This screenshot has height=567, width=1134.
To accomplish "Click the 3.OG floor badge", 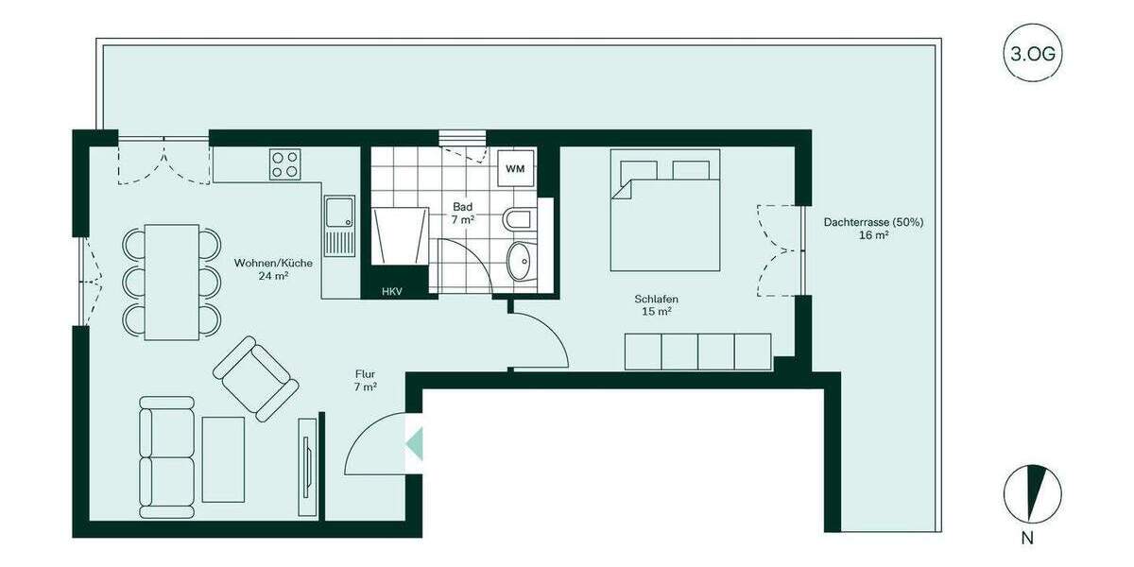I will pyautogui.click(x=1032, y=54).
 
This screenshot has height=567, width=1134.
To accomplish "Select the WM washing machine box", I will pyautogui.click(x=514, y=169).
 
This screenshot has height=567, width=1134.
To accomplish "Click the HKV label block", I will pyautogui.click(x=392, y=291).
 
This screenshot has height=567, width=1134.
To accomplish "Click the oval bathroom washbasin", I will pyautogui.click(x=519, y=260).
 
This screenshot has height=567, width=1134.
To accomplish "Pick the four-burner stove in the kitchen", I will pyautogui.click(x=285, y=164).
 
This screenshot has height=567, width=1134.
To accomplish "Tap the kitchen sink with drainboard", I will pyautogui.click(x=338, y=225).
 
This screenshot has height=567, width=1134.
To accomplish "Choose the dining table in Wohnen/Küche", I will pyautogui.click(x=171, y=282).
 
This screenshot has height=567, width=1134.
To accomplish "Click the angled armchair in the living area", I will pyautogui.click(x=255, y=378).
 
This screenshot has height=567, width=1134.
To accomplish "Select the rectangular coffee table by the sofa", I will pyautogui.click(x=224, y=459).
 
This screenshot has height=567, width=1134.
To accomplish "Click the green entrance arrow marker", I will pyautogui.click(x=414, y=441).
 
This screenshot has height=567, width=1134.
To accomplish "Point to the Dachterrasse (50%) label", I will pyautogui.click(x=873, y=228).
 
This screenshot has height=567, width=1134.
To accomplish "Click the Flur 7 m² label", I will pyautogui.click(x=366, y=380).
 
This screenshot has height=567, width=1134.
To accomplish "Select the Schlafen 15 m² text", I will pyautogui.click(x=656, y=305).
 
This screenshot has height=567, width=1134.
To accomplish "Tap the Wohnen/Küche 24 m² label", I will pyautogui.click(x=260, y=269).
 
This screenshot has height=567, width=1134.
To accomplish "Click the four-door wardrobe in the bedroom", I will pyautogui.click(x=697, y=352).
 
